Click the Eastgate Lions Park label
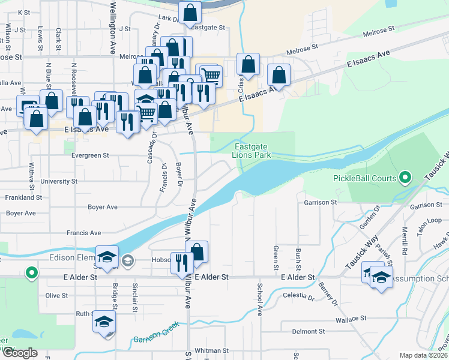click(x=252, y=151)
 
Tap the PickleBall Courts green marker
click(x=405, y=178)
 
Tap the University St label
click(x=58, y=181)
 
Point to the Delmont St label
click(x=308, y=331)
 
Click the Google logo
click(x=20, y=352)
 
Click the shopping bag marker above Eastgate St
click(x=190, y=13)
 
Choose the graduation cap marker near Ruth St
click(x=104, y=322)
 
